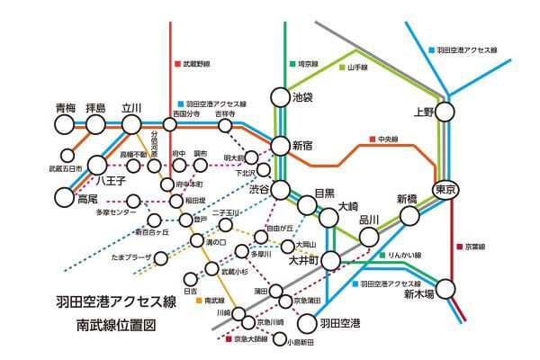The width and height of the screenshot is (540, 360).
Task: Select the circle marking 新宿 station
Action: click(280, 145)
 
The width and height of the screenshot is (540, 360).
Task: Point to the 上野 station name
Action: click(424, 112)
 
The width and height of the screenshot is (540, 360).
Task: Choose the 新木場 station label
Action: click(419, 293)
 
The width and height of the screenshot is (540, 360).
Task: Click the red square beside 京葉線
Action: click(459, 245)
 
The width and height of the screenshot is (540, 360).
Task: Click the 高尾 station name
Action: click(87, 198)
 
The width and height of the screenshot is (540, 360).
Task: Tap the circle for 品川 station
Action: click(369, 237)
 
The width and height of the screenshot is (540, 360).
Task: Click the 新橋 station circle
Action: click(409, 215)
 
